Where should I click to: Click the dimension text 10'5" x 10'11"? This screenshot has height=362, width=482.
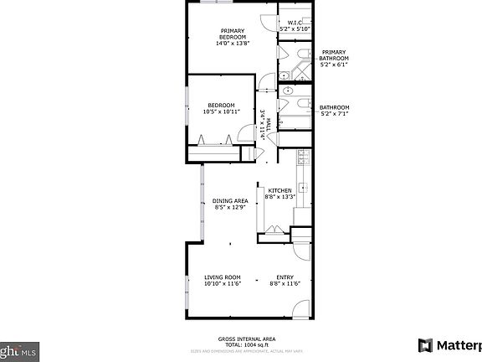click(221, 111)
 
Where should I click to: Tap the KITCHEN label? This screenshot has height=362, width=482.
click(279, 190)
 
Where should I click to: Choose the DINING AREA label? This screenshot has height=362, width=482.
click(229, 201)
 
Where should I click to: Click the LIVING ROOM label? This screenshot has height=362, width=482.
click(222, 277)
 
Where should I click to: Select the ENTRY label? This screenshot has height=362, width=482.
click(285, 277)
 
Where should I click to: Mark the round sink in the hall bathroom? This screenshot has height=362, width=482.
click(285, 90)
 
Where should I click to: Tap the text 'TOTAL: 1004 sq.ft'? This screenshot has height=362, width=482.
click(241, 345)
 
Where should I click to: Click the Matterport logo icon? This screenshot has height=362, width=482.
click(425, 345)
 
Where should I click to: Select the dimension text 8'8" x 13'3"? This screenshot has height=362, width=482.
click(279, 197)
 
